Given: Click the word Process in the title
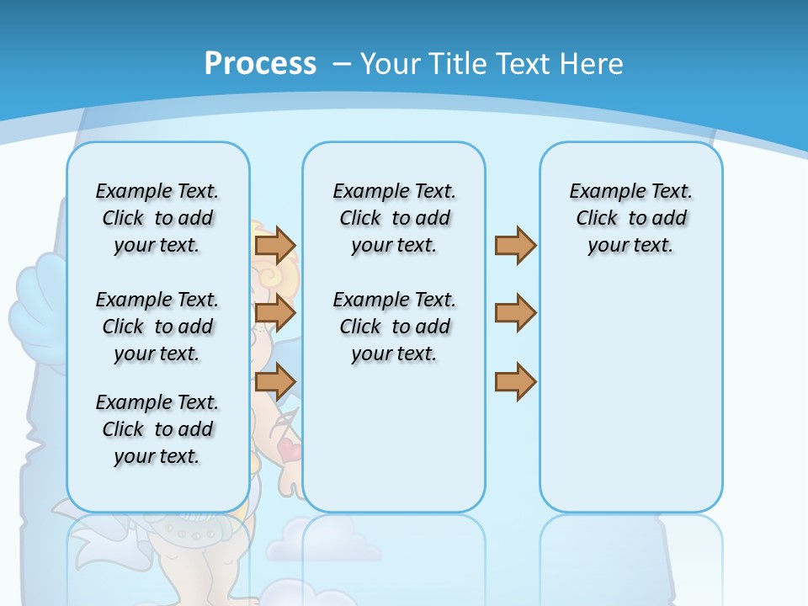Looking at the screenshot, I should pyautogui.click(x=260, y=64).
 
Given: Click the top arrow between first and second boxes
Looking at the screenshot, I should pyautogui.click(x=275, y=245).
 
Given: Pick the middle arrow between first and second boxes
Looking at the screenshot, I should pyautogui.click(x=275, y=314).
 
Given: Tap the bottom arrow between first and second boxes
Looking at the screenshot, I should pyautogui.click(x=275, y=381).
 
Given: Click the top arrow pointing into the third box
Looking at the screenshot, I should pyautogui.click(x=515, y=245).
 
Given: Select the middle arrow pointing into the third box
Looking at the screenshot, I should pyautogui.click(x=515, y=313).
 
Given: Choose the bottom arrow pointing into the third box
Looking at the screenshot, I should pyautogui.click(x=515, y=381).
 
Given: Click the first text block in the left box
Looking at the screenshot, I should pyautogui.click(x=157, y=218).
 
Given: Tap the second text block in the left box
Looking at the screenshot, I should pyautogui.click(x=157, y=327).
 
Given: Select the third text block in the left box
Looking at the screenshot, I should pyautogui.click(x=157, y=429).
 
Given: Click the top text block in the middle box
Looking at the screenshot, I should pyautogui.click(x=394, y=218).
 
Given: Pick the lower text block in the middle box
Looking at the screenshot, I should pyautogui.click(x=394, y=327).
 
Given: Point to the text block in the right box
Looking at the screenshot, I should pyautogui.click(x=630, y=218).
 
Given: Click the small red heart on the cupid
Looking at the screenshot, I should pyautogui.click(x=290, y=449).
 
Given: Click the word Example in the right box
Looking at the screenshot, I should pyautogui.click(x=599, y=191).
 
